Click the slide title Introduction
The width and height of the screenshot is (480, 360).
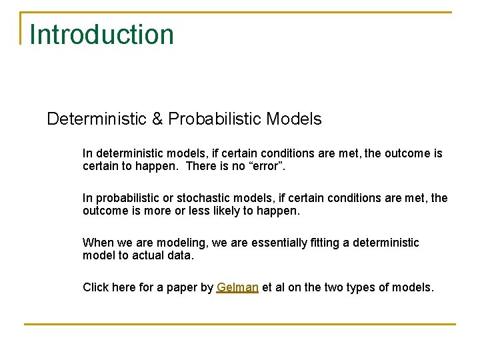pyautogui.click(x=101, y=34)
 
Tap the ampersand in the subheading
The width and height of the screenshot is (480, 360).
pyautogui.click(x=157, y=119)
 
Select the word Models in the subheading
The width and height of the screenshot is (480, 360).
pyautogui.click(x=294, y=119)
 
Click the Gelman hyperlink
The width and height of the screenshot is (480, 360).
pyautogui.click(x=237, y=288)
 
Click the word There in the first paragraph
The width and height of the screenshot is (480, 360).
pyautogui.click(x=200, y=166)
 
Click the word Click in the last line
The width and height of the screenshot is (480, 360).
pyautogui.click(x=95, y=288)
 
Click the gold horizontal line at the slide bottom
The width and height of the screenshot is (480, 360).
pyautogui.click(x=240, y=325)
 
